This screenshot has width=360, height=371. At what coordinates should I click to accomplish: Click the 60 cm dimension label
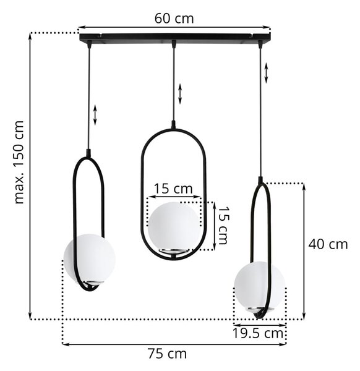[x=174, y=19]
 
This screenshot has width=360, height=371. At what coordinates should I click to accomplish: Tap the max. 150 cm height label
[x=19, y=162]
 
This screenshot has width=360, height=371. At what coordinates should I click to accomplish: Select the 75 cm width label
[x=168, y=354]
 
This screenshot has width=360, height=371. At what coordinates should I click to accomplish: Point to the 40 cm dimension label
[x=328, y=244]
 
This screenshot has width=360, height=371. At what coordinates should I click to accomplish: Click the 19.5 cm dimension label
[x=258, y=333]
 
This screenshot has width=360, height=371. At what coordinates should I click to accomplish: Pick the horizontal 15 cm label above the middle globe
[x=173, y=189]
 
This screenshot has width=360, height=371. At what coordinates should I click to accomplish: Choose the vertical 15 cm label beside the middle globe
[x=223, y=226]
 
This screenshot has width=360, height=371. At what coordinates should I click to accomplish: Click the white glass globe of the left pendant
[x=90, y=257]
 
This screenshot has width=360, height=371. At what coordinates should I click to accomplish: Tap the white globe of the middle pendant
[x=174, y=226]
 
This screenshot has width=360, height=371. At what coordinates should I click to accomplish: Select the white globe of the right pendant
[x=259, y=285]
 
